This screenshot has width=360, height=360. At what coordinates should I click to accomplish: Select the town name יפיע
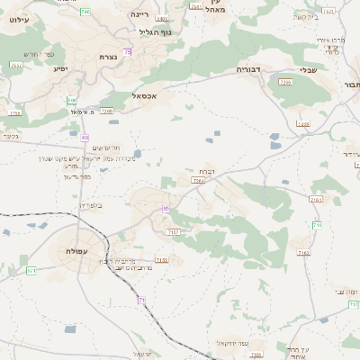click(60, 68)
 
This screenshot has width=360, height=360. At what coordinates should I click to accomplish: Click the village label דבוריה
click(249, 68)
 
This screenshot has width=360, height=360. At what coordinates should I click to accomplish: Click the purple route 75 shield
click(129, 52)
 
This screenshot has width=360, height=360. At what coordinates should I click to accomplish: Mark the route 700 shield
click(85, 11)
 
